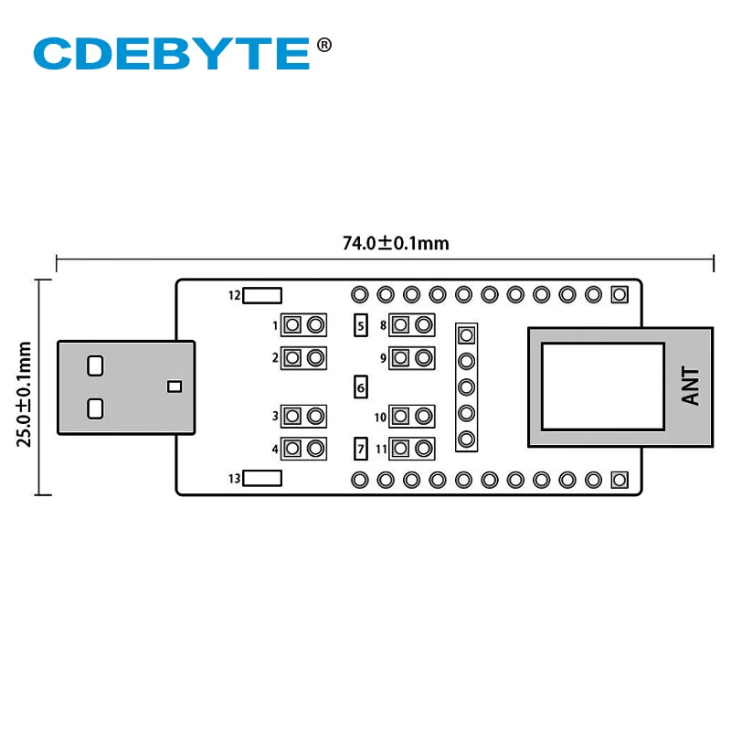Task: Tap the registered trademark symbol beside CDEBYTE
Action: click(323, 43)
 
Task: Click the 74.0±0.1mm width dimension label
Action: click(396, 243)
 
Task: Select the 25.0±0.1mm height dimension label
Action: click(25, 394)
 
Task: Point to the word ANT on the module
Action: click(691, 386)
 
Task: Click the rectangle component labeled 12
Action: click(263, 295)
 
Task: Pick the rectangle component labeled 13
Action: click(263, 478)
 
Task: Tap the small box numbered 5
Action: click(361, 324)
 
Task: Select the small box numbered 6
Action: click(361, 387)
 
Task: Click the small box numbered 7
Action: click(361, 449)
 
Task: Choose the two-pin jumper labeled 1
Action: click(304, 324)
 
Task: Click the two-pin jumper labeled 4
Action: click(304, 449)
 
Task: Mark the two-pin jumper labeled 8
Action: click(411, 324)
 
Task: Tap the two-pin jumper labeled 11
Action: click(411, 449)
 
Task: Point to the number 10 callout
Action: click(380, 418)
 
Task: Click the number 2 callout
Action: click(275, 358)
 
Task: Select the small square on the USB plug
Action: click(175, 386)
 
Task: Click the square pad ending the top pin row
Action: click(620, 295)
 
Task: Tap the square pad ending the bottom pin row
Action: click(620, 479)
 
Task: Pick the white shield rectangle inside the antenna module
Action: click(603, 386)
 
